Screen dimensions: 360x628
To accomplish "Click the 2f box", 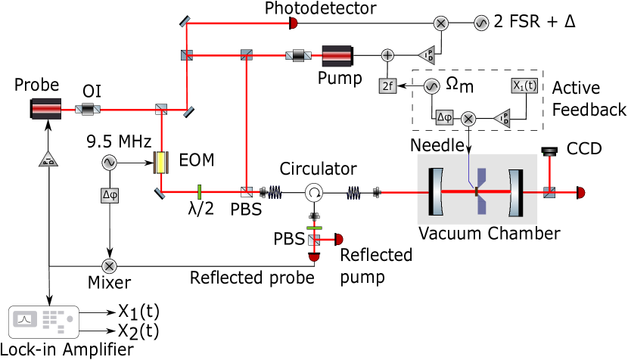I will point(387,86).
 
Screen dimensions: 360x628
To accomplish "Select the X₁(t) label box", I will point(524,85).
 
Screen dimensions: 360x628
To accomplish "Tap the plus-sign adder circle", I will point(387,55).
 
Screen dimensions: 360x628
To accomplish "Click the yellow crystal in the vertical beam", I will point(160,163).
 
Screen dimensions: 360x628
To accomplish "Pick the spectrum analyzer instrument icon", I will point(44,321).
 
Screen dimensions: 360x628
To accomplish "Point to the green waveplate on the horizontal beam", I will point(199,192).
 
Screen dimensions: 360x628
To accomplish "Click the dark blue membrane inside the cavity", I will point(481,191).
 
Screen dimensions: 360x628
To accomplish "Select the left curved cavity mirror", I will point(437,192).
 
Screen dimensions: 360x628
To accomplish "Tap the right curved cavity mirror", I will point(515,192).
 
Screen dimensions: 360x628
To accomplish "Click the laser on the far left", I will point(46,110).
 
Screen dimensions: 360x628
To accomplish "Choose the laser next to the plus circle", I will point(337,56).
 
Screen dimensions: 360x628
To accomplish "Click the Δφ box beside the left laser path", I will point(110,195).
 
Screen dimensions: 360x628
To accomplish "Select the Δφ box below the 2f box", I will point(444,117).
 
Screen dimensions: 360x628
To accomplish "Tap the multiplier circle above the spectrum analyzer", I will point(110,266).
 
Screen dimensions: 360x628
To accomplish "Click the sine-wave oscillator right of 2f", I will point(431,86).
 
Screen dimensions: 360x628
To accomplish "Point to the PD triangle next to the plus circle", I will point(427,55).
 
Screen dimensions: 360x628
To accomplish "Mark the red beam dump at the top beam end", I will point(294,23).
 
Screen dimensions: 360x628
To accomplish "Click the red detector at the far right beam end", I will point(581,193).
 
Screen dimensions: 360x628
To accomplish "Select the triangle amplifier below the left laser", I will point(48,159).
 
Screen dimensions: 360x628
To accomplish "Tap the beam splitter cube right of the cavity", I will point(549,193).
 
